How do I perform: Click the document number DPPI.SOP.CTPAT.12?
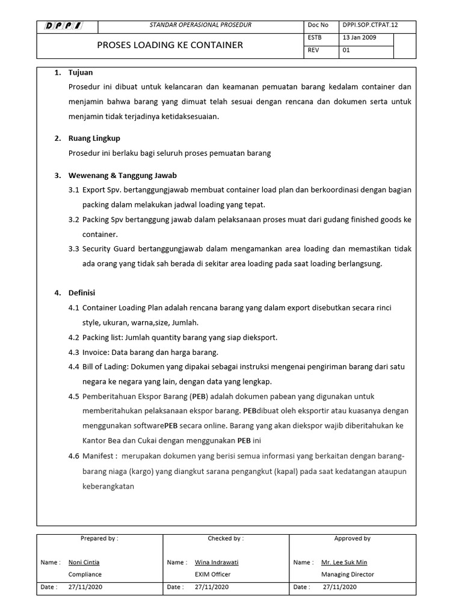click(x=369, y=25)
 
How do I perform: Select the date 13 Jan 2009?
click(x=360, y=38)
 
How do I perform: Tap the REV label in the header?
click(x=313, y=51)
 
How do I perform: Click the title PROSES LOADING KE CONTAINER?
click(x=170, y=45)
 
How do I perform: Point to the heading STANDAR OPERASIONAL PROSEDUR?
click(x=200, y=25)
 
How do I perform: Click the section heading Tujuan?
click(x=81, y=73)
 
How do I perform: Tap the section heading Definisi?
click(x=82, y=293)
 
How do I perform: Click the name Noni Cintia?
click(x=84, y=562)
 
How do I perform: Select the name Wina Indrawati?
click(x=217, y=562)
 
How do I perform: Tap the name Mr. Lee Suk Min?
click(x=344, y=562)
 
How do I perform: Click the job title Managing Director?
click(x=348, y=574)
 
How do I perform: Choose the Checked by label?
click(x=226, y=538)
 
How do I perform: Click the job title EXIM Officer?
click(x=213, y=574)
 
